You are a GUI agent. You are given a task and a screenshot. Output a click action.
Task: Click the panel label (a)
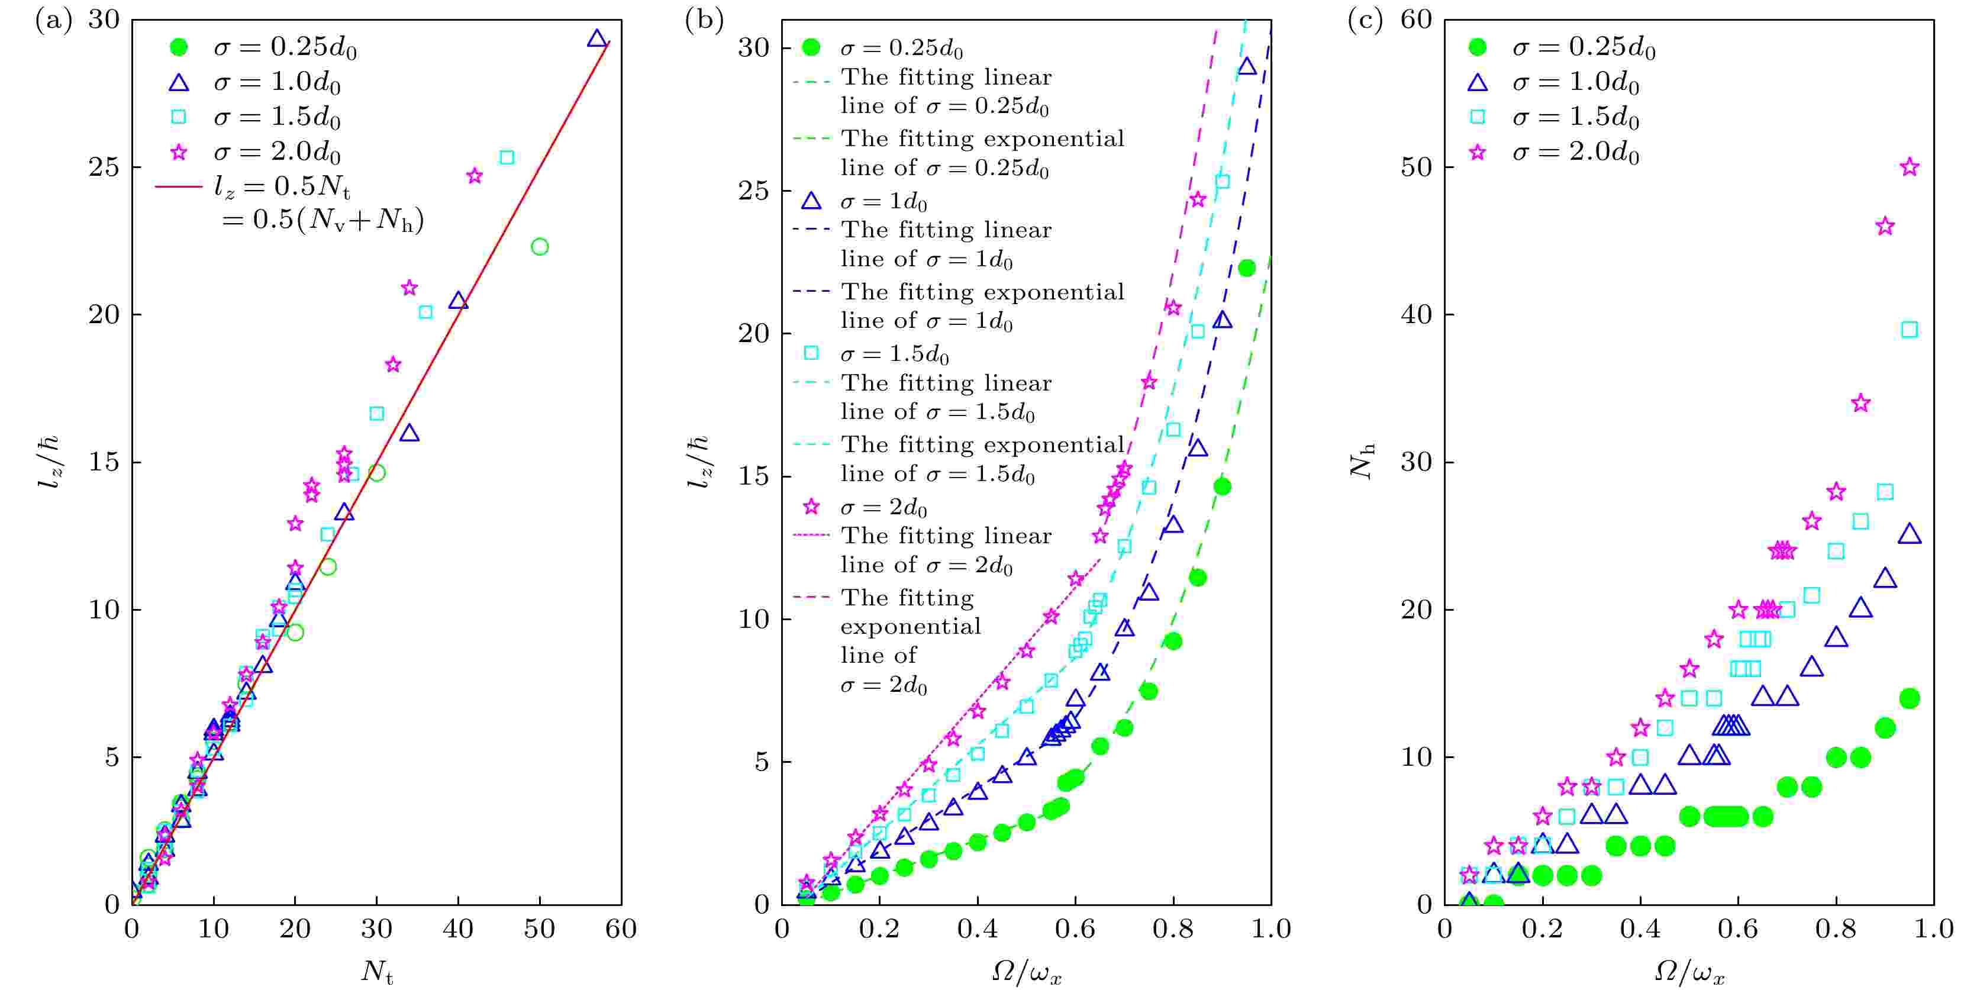tap(54, 21)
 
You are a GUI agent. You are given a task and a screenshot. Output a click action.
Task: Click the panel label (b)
tap(704, 21)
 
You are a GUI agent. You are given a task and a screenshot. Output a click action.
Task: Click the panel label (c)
tap(1365, 21)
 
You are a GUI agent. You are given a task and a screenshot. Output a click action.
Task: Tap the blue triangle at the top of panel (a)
tap(596, 38)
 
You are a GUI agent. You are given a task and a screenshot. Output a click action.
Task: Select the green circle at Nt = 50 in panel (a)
tap(540, 247)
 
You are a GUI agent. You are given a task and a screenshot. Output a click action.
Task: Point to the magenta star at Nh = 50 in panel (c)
tap(1909, 167)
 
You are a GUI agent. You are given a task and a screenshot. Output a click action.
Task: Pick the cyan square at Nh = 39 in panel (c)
tap(1909, 330)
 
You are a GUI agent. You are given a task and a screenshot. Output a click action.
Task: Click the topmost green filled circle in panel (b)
tap(1247, 268)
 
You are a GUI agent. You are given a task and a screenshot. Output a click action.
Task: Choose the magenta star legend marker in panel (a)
tap(178, 152)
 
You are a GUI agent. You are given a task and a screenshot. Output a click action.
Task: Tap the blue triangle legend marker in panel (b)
tap(811, 201)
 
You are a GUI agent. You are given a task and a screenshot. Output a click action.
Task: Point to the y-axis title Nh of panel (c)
tap(1362, 461)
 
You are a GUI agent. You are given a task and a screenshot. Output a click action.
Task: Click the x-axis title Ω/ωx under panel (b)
tap(1026, 973)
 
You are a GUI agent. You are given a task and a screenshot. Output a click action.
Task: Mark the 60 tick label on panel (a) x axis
tap(620, 929)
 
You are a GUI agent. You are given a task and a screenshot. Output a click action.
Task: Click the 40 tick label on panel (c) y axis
tap(1416, 315)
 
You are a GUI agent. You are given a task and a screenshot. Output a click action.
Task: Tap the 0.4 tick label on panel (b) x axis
tap(977, 929)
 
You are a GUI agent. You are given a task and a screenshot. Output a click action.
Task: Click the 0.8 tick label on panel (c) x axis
tap(1836, 929)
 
